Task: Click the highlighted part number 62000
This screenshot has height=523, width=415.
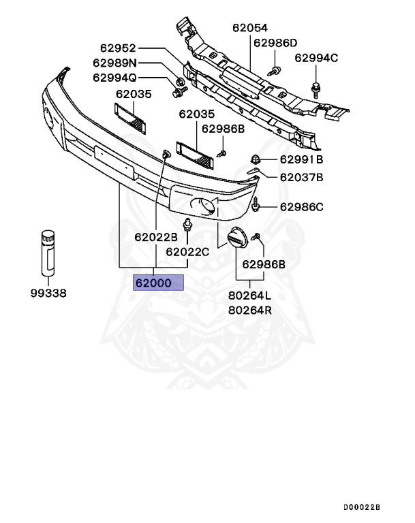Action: point(158,282)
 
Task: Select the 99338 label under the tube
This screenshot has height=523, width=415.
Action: point(49,294)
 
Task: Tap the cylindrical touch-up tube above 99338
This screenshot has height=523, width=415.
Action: point(48,253)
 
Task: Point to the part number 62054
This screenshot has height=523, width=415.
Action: point(250,29)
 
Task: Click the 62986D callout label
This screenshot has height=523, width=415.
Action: point(275,43)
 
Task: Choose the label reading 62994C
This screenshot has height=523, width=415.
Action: point(316,58)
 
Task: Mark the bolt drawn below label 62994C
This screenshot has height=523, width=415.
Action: point(316,87)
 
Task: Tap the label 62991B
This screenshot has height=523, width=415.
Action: point(301,160)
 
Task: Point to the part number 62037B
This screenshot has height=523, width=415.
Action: point(301,178)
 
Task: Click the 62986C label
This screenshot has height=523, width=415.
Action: point(301,206)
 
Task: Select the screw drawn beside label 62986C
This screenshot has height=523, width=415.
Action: point(257,203)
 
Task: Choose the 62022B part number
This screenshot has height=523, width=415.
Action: point(155,237)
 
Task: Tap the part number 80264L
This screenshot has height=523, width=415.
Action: point(249,296)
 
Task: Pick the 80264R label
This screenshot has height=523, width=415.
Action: point(249,311)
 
